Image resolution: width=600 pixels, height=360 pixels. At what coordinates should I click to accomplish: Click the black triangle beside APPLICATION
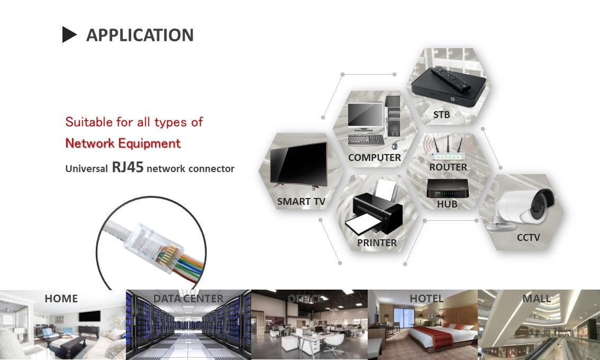click(69, 35)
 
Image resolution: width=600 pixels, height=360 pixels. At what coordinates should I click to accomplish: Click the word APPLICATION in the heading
click(140, 35)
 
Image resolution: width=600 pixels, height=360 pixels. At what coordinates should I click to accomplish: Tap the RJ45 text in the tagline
click(128, 168)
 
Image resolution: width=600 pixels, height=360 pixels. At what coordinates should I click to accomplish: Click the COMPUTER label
click(374, 158)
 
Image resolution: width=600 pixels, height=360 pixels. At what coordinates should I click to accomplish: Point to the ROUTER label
click(448, 167)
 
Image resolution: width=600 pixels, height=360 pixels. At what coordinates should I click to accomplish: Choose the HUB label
click(447, 204)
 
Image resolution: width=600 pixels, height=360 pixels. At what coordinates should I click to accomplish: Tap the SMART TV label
click(301, 202)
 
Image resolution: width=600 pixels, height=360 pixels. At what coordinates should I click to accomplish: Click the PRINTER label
click(377, 243)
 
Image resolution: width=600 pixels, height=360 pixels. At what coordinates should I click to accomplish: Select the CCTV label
click(528, 238)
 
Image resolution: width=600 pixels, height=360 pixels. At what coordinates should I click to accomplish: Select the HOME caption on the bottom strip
click(61, 299)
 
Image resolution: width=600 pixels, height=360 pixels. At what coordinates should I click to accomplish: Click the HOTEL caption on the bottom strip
click(426, 299)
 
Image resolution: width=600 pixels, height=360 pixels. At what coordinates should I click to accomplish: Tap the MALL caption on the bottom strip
click(537, 299)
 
